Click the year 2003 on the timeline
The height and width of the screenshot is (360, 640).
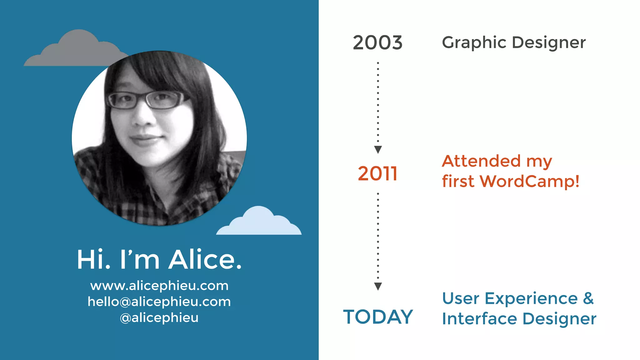pos(377,43)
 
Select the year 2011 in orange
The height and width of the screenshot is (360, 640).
pos(377,174)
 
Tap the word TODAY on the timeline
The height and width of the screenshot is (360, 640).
pos(378,317)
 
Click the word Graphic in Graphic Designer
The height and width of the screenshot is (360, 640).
pos(474,43)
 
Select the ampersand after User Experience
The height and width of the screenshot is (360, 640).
pos(588,298)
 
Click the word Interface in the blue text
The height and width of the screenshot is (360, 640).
pos(479,319)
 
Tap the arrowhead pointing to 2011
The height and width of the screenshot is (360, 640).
pos(378,149)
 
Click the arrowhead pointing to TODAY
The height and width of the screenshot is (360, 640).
pos(378,286)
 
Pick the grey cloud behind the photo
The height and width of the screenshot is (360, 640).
pos(75,50)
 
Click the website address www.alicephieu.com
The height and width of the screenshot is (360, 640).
pos(159,286)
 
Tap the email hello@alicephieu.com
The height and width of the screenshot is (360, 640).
pos(159,302)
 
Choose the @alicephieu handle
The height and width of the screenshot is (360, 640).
pos(159,317)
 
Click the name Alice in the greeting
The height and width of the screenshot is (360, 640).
pos(205,259)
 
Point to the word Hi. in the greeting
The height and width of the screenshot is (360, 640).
pos(93,259)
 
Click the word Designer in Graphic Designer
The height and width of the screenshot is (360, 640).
pos(549,43)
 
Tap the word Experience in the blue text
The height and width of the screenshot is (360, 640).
pos(531,298)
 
